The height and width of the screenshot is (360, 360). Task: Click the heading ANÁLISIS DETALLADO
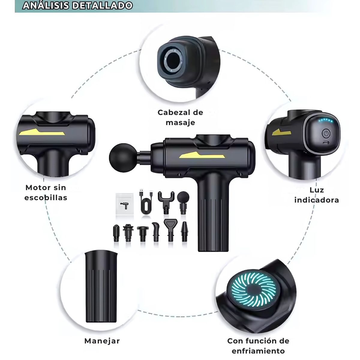click(x=77, y=6)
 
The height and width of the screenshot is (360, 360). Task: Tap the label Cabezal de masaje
click(x=180, y=118)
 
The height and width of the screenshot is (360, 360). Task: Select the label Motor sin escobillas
click(x=46, y=193)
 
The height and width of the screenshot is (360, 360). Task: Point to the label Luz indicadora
click(x=317, y=195)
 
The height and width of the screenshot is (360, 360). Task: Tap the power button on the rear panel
click(x=326, y=133)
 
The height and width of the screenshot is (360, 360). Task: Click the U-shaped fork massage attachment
click(x=166, y=202)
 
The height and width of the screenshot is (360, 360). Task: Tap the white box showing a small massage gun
click(x=124, y=204)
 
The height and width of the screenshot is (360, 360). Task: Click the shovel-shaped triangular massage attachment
click(x=170, y=230)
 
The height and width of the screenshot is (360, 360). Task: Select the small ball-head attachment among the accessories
click(x=183, y=202)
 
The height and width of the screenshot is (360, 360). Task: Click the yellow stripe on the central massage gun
click(x=202, y=155)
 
